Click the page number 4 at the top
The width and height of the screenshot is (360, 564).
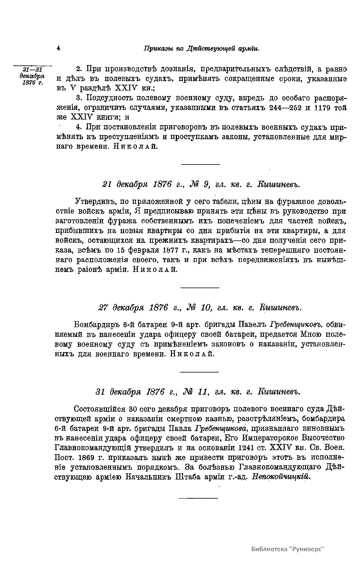(58, 48)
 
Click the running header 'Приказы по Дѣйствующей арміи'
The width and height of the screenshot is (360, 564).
(201, 48)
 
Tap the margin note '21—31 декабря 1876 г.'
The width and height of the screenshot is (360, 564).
(33, 77)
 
